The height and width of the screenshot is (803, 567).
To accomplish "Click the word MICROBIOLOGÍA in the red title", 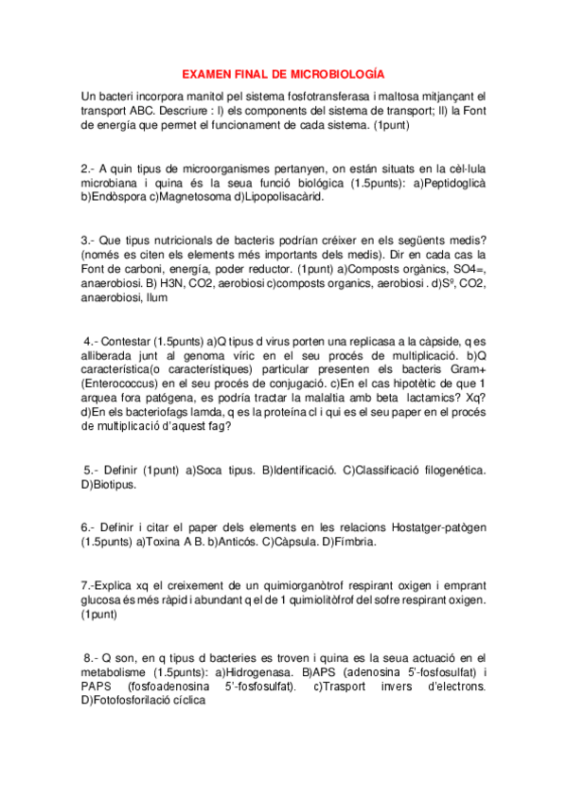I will pos(338,74).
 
